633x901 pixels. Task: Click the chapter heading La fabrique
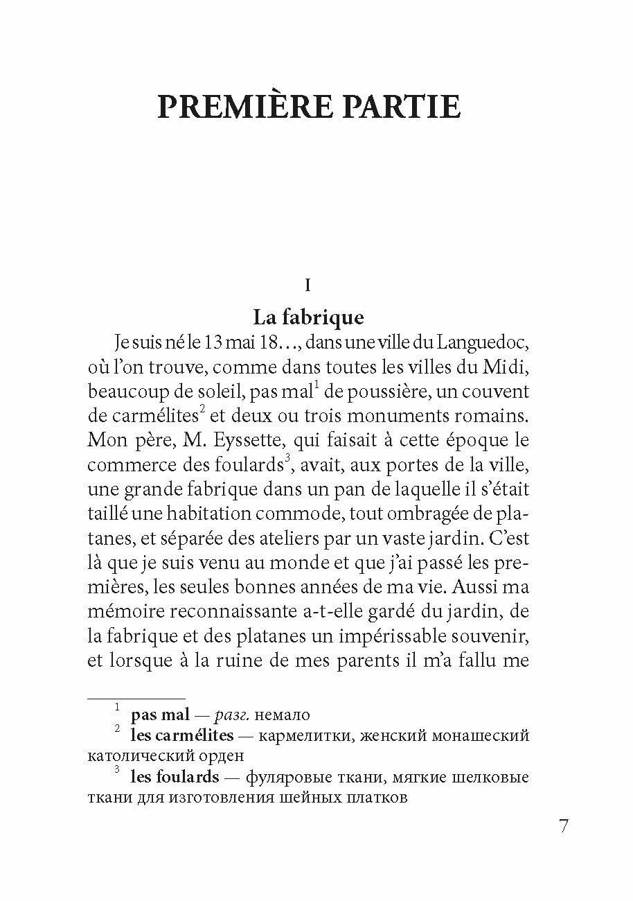[x=307, y=317]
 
